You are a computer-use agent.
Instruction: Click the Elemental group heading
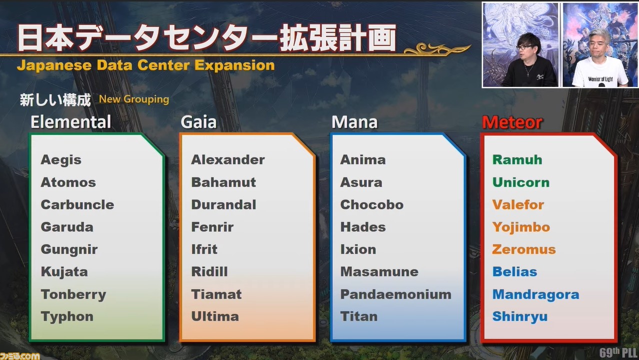(70, 122)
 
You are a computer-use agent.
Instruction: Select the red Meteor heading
(512, 122)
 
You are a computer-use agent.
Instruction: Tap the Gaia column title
(198, 122)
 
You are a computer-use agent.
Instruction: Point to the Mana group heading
(354, 122)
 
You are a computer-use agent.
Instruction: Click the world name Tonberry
(73, 295)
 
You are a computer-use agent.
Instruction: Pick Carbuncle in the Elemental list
(77, 205)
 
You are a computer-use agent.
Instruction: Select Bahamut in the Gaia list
(223, 182)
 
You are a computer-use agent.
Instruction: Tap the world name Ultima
(215, 316)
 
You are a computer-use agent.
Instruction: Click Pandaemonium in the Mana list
(396, 294)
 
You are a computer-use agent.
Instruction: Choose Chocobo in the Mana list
(372, 205)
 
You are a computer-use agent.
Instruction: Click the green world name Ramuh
(517, 160)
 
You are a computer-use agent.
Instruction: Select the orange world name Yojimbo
(521, 227)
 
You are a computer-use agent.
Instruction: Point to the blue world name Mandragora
(536, 295)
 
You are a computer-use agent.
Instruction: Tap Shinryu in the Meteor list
(520, 317)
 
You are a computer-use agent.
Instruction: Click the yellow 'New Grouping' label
(134, 99)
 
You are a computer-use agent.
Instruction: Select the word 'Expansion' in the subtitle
(234, 66)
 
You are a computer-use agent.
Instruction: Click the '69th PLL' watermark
(618, 352)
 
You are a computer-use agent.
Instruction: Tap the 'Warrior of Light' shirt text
(600, 79)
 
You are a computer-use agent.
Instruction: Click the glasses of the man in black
(524, 47)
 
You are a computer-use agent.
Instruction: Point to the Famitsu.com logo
(19, 356)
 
